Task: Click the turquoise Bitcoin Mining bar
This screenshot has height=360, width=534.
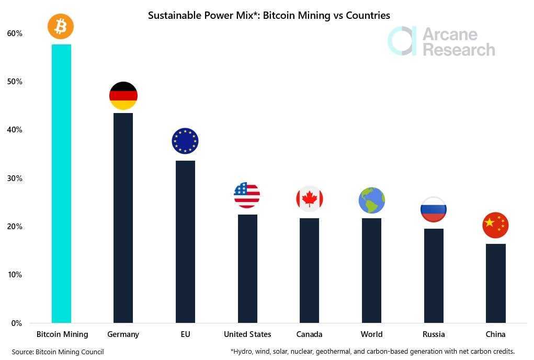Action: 61,183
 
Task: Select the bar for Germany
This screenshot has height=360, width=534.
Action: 123,218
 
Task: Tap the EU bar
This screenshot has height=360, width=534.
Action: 185,241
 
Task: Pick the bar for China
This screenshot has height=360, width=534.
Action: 495,283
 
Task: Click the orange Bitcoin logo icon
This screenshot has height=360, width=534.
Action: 61,26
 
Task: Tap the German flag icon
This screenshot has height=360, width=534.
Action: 123,96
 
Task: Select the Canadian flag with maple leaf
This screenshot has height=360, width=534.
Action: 310,199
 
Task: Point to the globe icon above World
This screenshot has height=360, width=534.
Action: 372,200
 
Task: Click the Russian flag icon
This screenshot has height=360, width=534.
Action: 434,209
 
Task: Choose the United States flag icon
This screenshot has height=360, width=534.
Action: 247,195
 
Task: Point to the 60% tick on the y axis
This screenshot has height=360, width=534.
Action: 15,33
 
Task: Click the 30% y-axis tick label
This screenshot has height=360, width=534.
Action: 15,178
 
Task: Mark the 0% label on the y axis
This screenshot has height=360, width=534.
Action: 16,323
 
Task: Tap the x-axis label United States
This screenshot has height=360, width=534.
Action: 247,334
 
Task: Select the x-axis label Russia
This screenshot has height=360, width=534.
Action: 434,334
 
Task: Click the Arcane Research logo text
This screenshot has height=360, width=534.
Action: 458,42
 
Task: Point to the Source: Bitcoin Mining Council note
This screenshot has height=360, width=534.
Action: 58,352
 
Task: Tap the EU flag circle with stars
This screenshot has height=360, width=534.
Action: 185,141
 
